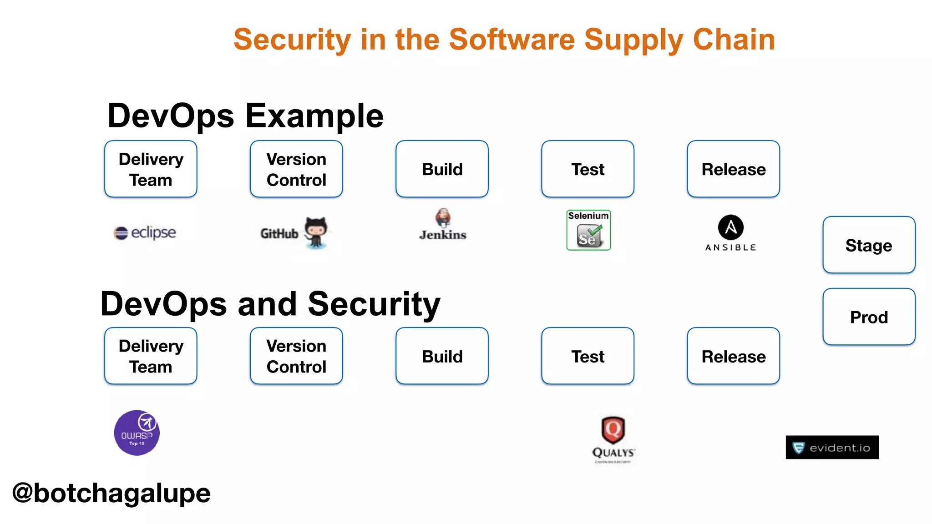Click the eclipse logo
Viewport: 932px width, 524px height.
pyautogui.click(x=145, y=232)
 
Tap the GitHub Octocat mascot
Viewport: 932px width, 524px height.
pyautogui.click(x=316, y=232)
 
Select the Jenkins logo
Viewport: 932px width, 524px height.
pyautogui.click(x=443, y=225)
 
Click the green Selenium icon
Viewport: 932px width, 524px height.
pyautogui.click(x=588, y=230)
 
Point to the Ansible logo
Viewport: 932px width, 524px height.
pyautogui.click(x=730, y=232)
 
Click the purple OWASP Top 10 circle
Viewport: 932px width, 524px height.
pyautogui.click(x=137, y=433)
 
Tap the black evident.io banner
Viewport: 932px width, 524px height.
pyautogui.click(x=832, y=448)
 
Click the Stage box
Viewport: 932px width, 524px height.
pyautogui.click(x=869, y=245)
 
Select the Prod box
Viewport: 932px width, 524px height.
pyautogui.click(x=869, y=317)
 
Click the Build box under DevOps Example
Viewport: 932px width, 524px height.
pyautogui.click(x=442, y=169)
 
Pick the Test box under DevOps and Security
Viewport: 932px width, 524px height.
pyautogui.click(x=588, y=356)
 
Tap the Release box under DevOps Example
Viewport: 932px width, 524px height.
pyautogui.click(x=733, y=169)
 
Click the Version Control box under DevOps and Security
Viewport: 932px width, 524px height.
pyautogui.click(x=296, y=356)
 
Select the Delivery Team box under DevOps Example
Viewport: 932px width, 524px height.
pyautogui.click(x=151, y=169)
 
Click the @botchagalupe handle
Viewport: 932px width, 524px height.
pyautogui.click(x=111, y=493)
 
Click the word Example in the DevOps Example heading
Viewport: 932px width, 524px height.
pyautogui.click(x=314, y=116)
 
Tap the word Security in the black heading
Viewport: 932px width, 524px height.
pyautogui.click(x=374, y=304)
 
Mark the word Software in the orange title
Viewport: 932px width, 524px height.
pyautogui.click(x=512, y=40)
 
